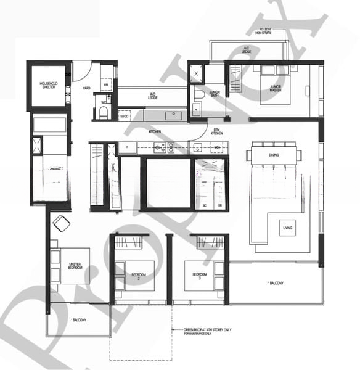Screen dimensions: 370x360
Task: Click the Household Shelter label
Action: (x=49, y=86)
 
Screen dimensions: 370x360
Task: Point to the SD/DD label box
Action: (x=125, y=116)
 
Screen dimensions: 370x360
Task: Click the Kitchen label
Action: (x=155, y=132)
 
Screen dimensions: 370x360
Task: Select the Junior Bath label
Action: (x=215, y=93)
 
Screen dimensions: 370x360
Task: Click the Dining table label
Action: (x=274, y=155)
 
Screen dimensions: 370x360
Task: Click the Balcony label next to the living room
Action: (x=275, y=283)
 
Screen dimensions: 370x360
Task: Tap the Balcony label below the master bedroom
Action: (x=78, y=319)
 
